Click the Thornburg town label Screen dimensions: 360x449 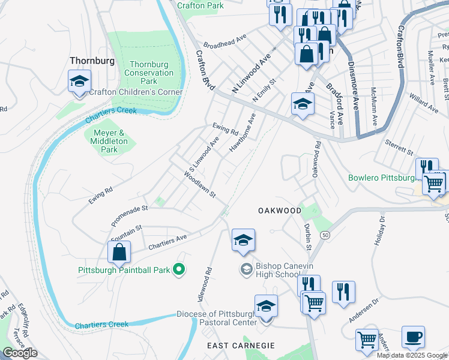click(x=91, y=60)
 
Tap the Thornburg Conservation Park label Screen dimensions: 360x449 click(x=152, y=73)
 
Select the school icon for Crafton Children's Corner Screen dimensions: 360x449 click(x=79, y=84)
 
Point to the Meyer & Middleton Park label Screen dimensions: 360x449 click(x=109, y=140)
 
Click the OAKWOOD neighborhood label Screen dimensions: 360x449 click(x=279, y=211)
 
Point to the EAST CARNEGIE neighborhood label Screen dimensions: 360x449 click(x=241, y=346)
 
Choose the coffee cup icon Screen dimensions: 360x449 click(x=412, y=338)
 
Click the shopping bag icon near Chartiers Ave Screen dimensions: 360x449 click(x=119, y=253)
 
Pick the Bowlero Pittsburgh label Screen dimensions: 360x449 click(x=382, y=178)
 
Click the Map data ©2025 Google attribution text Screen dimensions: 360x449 click(x=412, y=355)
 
